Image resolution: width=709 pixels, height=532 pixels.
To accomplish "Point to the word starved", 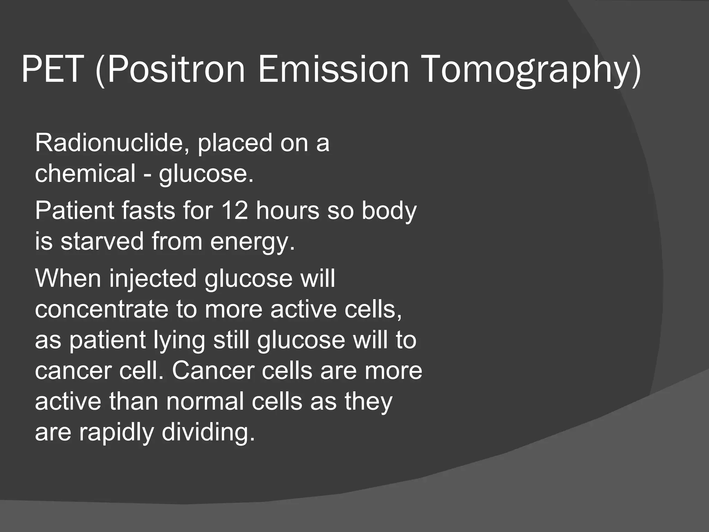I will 102,241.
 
